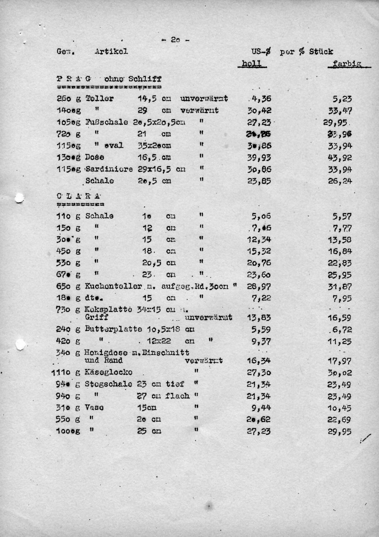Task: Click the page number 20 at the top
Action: click(x=175, y=40)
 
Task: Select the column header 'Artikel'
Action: click(x=111, y=51)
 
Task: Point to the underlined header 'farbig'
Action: click(x=346, y=64)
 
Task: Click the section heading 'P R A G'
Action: click(x=74, y=79)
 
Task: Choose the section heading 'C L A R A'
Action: click(x=79, y=196)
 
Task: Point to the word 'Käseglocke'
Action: click(x=108, y=372)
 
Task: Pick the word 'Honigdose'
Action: click(x=106, y=353)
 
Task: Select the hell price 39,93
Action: click(x=259, y=158)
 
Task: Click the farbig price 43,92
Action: click(x=340, y=158)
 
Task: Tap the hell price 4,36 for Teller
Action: click(x=261, y=99)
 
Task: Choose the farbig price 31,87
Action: click(x=340, y=287)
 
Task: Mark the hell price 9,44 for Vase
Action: click(x=261, y=408)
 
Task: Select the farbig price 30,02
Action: click(x=340, y=373)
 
